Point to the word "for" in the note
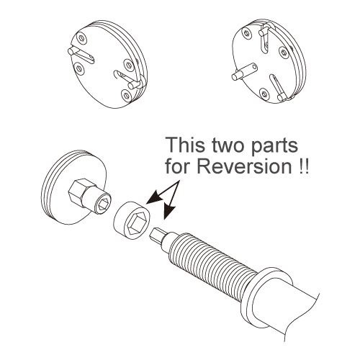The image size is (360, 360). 179,166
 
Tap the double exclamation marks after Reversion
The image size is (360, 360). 302,166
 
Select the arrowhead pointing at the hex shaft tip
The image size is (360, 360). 168,212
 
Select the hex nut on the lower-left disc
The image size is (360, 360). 77,189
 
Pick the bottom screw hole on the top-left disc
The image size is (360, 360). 126,94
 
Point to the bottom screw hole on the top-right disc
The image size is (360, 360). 264,94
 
